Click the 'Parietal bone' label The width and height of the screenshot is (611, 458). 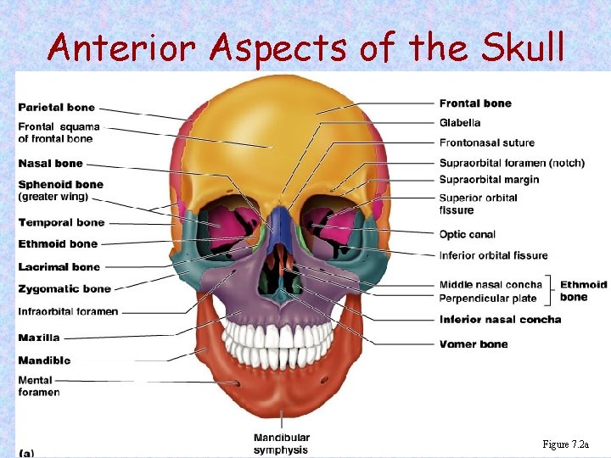56,108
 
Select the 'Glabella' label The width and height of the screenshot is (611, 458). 460,123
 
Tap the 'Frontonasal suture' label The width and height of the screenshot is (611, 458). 487,142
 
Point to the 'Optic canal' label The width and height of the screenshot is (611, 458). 467,235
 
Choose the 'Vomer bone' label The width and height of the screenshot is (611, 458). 474,344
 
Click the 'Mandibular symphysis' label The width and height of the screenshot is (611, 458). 281,444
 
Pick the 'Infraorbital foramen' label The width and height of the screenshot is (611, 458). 68,311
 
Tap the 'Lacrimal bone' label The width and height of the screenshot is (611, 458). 59,267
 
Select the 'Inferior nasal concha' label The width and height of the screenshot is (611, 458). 500,320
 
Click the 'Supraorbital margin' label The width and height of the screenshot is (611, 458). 489,180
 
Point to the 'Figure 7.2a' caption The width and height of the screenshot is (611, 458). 572,444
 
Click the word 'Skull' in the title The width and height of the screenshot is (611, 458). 520,47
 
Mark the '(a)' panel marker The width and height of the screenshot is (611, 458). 26,453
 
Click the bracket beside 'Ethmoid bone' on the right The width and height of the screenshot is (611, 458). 552,290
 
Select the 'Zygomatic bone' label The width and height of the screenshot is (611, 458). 64,289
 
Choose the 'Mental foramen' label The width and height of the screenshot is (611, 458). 39,386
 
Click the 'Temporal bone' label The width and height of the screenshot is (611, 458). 61,223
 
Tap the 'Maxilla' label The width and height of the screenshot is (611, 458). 39,338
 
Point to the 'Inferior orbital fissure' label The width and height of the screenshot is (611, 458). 493,255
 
